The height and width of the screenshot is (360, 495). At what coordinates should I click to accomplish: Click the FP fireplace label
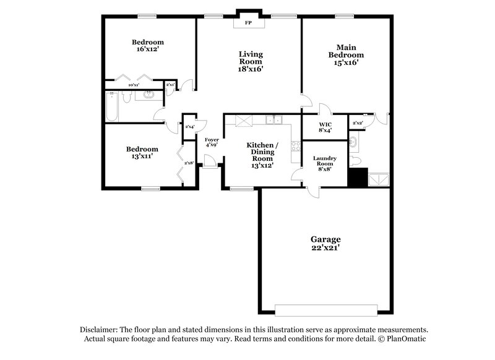tap(249, 23)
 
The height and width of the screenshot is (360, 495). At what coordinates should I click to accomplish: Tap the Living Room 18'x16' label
tap(251, 62)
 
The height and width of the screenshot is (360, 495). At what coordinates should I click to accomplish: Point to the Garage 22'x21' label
tap(325, 243)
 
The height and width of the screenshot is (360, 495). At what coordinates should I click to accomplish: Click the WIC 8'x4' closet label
tap(325, 127)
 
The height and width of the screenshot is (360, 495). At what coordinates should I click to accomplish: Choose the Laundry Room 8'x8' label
tap(325, 163)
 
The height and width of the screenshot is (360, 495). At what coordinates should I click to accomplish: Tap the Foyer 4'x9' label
tap(212, 143)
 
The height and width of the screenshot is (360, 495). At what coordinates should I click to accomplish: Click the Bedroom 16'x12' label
tap(148, 46)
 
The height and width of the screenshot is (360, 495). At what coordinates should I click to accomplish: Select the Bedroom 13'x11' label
tap(142, 153)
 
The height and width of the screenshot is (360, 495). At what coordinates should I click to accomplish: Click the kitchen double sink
tap(272, 120)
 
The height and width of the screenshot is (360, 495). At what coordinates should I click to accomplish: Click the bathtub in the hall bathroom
tap(112, 105)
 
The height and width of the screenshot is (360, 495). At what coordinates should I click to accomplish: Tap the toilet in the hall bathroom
tap(126, 96)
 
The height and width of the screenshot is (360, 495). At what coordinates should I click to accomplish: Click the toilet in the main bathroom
tap(355, 161)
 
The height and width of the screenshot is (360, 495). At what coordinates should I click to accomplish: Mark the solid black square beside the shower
tap(357, 178)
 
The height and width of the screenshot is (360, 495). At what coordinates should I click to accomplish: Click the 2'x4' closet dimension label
tap(190, 127)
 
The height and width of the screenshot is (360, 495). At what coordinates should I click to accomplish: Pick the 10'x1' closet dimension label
tap(132, 85)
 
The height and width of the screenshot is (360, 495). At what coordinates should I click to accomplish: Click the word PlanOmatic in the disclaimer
tap(405, 339)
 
